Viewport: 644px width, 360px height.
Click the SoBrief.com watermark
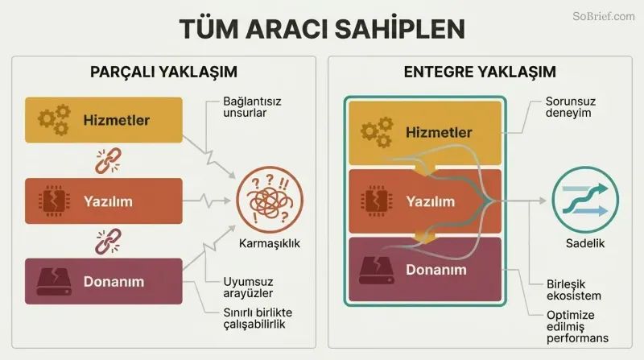coord(603,16)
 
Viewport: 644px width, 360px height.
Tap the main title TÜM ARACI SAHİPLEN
coord(322,29)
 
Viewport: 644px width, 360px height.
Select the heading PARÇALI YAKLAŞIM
coord(163,72)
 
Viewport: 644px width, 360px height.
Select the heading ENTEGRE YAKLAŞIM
coord(480,72)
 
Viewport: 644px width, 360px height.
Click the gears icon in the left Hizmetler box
coord(54,119)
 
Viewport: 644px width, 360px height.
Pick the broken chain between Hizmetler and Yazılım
coord(108,161)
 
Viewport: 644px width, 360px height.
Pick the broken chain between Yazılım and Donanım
coord(108,242)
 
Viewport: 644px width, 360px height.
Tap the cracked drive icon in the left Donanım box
coord(54,282)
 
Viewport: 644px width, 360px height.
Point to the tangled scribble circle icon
coord(270,200)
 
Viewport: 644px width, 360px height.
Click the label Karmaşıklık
coord(270,244)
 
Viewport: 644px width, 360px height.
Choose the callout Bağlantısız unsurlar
coord(252,107)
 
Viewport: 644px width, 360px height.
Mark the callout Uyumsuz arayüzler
coord(248,288)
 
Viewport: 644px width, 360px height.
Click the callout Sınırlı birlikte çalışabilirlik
coord(258,318)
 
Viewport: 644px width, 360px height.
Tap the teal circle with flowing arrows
coord(585,200)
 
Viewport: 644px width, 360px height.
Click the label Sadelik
coord(585,244)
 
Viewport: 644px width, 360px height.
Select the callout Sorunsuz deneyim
coord(571,107)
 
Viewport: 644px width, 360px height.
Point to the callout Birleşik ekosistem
coord(573,290)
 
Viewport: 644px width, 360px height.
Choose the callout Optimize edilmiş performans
coord(577,326)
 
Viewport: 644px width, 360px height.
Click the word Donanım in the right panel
coord(436,270)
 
